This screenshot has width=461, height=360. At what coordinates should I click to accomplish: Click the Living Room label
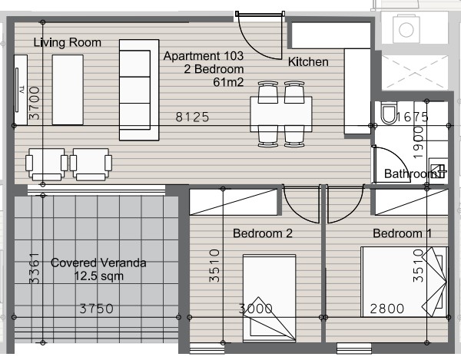[68, 43]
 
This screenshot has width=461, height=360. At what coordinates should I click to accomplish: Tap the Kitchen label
[308, 62]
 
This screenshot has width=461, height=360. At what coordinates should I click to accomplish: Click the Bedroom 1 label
[403, 233]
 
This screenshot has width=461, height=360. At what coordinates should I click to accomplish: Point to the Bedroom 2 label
[263, 233]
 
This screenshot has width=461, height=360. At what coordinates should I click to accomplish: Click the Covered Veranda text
[98, 263]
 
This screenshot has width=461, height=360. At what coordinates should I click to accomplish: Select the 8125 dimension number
[192, 117]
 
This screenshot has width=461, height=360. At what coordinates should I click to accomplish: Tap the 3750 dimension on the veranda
[97, 309]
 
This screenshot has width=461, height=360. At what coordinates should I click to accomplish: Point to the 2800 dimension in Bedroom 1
[386, 309]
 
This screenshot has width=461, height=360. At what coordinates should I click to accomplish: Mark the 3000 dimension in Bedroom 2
[255, 309]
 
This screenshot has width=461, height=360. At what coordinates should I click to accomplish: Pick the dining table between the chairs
[280, 116]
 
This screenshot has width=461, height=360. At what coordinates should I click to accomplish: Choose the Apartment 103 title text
[204, 56]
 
